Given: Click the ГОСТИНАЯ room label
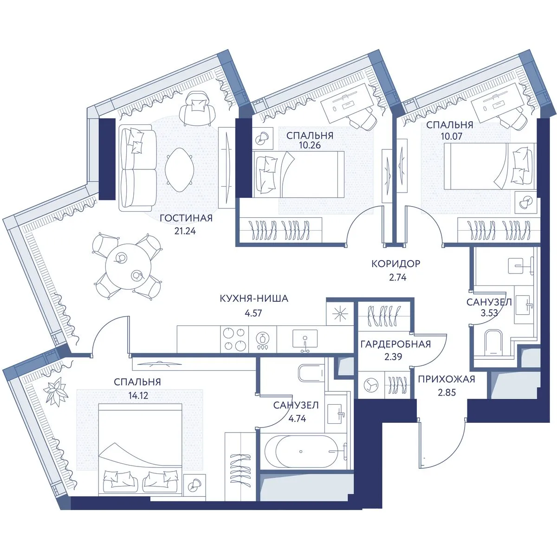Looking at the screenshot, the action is [x=186, y=218].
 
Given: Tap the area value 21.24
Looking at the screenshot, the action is [x=185, y=231].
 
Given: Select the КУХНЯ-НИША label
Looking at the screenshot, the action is [x=254, y=298].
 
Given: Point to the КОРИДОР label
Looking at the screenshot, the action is [x=396, y=264].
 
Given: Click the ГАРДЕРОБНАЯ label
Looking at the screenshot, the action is [x=395, y=344].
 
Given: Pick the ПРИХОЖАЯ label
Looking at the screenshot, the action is [x=447, y=379].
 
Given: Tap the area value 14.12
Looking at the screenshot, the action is [x=138, y=395].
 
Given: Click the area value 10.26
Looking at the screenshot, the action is [x=310, y=145].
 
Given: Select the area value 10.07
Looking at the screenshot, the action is [x=452, y=136].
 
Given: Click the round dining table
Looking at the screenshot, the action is [x=128, y=266].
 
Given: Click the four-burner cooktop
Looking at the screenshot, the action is [x=234, y=339].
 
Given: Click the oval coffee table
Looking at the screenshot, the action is [x=180, y=170].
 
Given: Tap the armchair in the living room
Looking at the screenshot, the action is [x=197, y=109].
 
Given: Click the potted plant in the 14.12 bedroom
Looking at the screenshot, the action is [x=56, y=391].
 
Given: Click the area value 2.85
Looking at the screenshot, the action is [x=447, y=392].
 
